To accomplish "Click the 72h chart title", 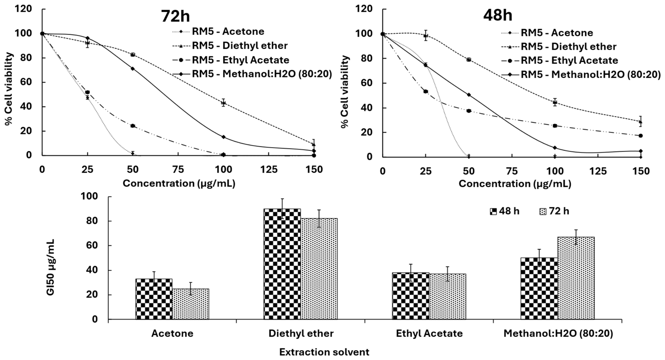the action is (x=175, y=16).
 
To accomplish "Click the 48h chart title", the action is (x=497, y=15).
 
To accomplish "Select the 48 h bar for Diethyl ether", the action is (x=282, y=264).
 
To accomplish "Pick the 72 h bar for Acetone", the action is (x=191, y=304).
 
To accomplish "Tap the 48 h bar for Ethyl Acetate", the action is (x=411, y=296).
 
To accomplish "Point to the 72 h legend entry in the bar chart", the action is (x=554, y=211).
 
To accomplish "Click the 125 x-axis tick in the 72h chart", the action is (x=269, y=170).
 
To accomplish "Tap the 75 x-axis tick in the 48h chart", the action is (x=512, y=171).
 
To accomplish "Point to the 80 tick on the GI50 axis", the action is (x=92, y=221).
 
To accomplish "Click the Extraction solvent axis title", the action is (x=324, y=352).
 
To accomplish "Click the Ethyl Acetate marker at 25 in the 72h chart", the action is (x=87, y=92).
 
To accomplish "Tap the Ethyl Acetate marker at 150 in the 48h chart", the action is (x=641, y=136).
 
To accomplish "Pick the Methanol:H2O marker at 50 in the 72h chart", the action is (x=132, y=69).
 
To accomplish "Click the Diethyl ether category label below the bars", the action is (x=301, y=334).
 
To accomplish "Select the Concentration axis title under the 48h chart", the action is (x=515, y=184).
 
